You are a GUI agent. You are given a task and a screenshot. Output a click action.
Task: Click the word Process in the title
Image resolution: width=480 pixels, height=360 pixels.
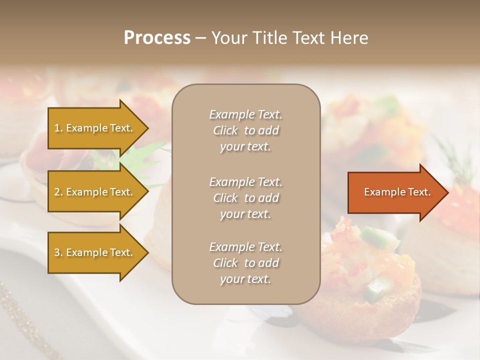click(157, 38)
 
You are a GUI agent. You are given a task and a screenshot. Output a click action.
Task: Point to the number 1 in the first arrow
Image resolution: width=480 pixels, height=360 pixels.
click(56, 128)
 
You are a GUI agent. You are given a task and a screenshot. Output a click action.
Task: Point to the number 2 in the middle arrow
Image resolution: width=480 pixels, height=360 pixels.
click(56, 192)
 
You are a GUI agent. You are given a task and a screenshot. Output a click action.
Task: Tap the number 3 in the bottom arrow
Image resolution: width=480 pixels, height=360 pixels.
click(56, 252)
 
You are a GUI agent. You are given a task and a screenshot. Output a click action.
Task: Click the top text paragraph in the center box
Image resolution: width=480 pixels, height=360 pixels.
click(245, 130)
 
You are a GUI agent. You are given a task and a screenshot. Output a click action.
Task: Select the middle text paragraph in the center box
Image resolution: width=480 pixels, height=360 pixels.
click(245, 197)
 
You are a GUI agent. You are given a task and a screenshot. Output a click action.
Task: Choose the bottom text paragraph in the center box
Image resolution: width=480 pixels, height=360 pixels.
click(245, 263)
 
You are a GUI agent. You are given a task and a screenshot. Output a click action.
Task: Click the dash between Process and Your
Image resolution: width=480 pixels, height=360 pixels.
click(200, 38)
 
